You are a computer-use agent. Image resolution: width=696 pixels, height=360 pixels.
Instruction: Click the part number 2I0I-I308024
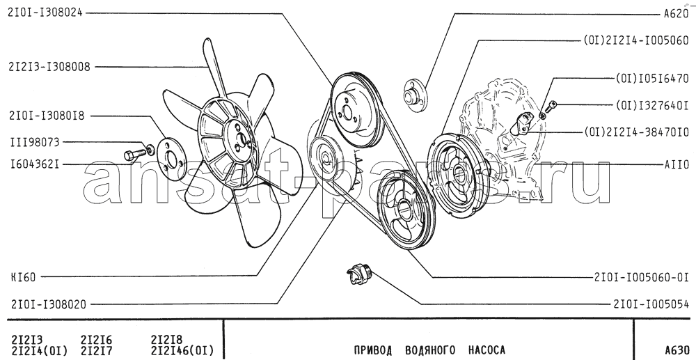[45, 13]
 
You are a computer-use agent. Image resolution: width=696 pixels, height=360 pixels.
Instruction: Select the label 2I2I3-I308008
[49, 67]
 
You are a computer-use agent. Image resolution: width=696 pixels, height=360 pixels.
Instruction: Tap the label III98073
[35, 143]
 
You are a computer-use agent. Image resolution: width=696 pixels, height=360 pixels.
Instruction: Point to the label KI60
[23, 278]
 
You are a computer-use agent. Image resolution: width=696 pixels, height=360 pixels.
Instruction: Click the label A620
[676, 14]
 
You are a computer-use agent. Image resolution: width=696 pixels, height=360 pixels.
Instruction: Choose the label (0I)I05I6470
[651, 79]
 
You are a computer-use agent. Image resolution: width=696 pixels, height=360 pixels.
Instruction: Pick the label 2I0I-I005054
[651, 304]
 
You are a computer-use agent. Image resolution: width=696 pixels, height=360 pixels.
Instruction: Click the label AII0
[677, 165]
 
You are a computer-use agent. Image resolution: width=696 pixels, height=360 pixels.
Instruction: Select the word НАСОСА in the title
[487, 350]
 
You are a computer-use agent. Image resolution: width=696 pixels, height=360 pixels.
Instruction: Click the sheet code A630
[677, 350]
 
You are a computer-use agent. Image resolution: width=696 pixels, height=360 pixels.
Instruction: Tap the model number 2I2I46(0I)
[182, 350]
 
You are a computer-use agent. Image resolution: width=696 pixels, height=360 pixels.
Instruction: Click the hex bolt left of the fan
[135, 155]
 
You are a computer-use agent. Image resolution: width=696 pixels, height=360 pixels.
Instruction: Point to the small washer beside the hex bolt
[150, 149]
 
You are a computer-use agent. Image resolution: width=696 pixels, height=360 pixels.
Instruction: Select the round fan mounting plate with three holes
[172, 159]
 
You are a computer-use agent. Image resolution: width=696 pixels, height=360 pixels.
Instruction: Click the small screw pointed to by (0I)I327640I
[551, 107]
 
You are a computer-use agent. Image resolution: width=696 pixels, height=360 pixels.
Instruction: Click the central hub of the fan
[240, 139]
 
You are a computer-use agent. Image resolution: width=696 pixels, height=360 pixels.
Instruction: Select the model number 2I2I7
[97, 350]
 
